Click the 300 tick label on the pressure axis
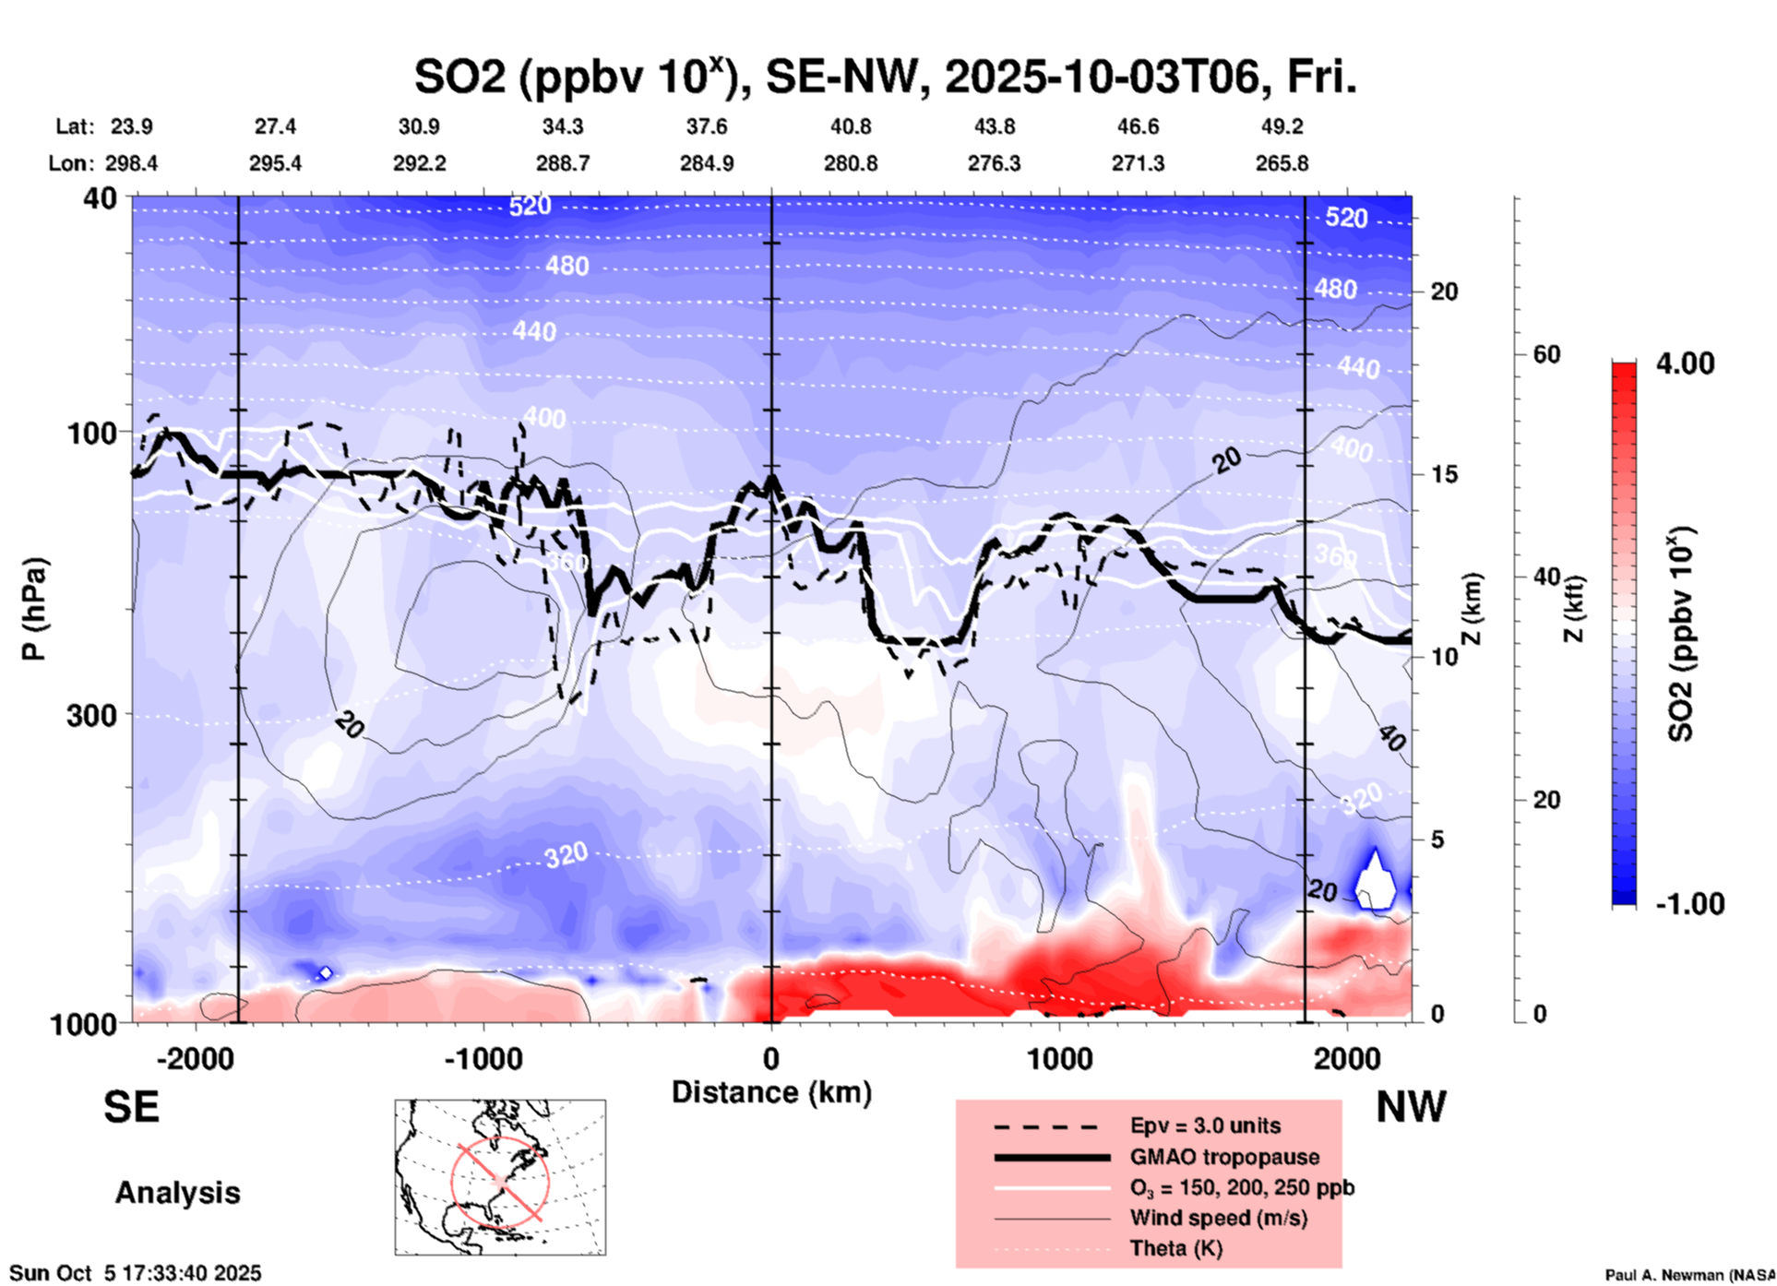91,715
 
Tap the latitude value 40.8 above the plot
850,126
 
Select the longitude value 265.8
1282,163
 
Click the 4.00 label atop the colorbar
1685,363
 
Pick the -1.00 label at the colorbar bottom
1689,903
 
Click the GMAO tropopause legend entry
1224,1157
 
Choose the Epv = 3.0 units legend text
1205,1125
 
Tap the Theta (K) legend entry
1175,1248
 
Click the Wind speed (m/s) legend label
1218,1218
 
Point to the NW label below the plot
1411,1107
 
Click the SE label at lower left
131,1107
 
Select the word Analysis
177,1193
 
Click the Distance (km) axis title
771,1092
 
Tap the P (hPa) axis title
34,609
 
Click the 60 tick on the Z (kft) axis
1546,354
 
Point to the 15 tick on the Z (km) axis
1444,474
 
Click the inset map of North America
500,1177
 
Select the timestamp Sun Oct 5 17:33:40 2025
136,1273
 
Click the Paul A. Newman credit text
1688,1275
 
